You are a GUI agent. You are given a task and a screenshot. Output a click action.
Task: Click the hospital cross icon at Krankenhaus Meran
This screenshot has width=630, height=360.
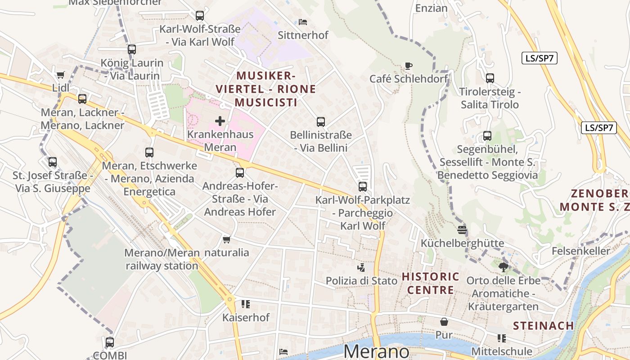pos(220,121)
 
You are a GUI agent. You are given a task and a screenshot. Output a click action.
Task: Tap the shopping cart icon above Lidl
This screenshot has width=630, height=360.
pos(61,75)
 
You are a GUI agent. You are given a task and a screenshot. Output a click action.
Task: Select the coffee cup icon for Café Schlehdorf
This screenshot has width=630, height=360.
pos(408,66)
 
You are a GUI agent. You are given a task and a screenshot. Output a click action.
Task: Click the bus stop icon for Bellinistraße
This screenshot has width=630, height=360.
pos(320,121)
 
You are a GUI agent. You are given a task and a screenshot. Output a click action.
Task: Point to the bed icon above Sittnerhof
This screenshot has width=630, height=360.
pos(303,22)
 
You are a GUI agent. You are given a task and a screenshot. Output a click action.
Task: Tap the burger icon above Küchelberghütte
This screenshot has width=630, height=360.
pos(462,230)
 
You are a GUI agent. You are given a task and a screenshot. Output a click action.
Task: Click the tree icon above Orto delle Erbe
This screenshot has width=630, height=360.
pos(503,267)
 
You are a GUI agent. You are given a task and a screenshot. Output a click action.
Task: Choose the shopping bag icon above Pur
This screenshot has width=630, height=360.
pos(444,322)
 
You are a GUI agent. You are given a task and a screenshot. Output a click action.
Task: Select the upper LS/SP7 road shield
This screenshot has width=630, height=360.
pos(540,58)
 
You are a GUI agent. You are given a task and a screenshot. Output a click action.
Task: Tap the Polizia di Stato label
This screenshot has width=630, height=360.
pos(362,281)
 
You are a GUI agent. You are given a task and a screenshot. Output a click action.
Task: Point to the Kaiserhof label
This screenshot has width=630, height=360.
pos(246,317)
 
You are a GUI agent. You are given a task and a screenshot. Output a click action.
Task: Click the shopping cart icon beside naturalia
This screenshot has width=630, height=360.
pos(227,239)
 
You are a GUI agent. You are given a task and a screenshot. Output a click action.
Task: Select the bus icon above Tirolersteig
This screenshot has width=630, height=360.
pos(490,78)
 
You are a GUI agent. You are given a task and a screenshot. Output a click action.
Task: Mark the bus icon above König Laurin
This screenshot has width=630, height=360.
pos(131,49)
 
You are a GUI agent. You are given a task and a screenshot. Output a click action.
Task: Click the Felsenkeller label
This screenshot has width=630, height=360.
pos(581,251)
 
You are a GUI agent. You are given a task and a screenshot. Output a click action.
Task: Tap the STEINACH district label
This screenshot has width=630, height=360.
pos(544,325)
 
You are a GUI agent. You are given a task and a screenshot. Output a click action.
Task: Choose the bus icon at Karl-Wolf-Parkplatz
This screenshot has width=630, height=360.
pos(363,186)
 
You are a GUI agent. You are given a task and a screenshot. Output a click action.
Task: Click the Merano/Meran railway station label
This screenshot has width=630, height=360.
pos(162,259)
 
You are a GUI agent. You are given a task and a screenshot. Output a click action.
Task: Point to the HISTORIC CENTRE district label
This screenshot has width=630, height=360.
pos(431,283)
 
